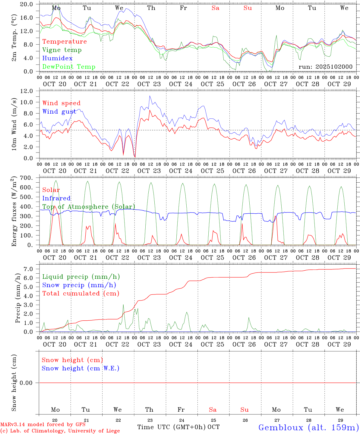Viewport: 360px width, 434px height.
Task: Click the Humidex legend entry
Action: pos(57,58)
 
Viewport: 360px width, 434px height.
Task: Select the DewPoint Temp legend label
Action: pos(69,67)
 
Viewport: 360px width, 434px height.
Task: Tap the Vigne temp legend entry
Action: pos(62,50)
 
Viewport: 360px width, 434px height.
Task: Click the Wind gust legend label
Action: pos(59,112)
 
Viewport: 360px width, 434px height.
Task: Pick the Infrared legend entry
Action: pos(56,198)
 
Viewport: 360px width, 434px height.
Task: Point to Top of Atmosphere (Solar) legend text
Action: pos(89,207)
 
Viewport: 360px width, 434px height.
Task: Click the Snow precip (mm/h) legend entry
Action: pos(79,285)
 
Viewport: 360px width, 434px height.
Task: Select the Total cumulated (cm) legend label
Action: pos(81,294)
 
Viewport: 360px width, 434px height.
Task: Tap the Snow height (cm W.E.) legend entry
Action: pos(80,368)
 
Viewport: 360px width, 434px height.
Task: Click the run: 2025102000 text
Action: pos(325,67)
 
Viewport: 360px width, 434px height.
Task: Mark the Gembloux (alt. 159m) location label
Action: pos(308,427)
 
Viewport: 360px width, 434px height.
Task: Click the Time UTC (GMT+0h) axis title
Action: pos(171,427)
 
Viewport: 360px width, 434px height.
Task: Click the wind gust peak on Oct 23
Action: pos(150,96)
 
